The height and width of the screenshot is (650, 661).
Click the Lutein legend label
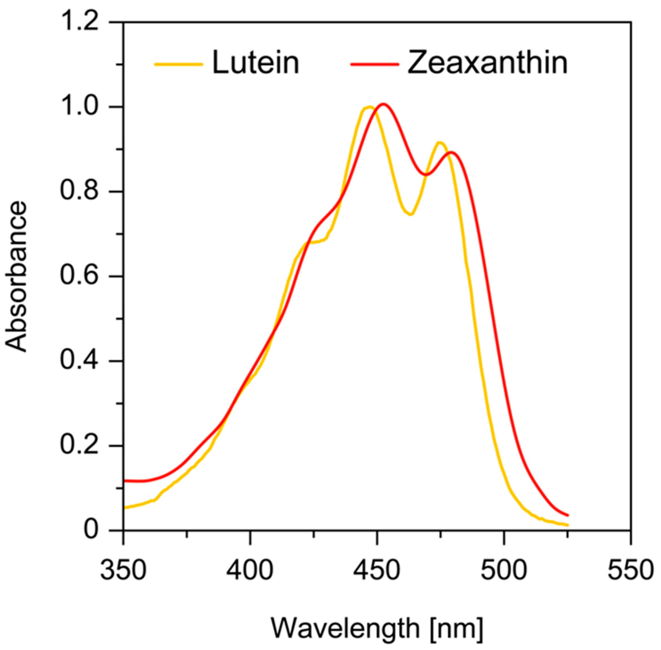pyautogui.click(x=255, y=63)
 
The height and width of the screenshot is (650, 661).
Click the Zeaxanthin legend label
pyautogui.click(x=487, y=63)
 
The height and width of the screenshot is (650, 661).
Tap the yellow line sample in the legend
pyautogui.click(x=179, y=64)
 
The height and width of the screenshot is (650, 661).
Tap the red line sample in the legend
pyautogui.click(x=375, y=64)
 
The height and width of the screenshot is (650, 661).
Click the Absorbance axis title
pyautogui.click(x=16, y=277)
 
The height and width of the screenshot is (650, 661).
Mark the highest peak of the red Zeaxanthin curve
pyautogui.click(x=383, y=104)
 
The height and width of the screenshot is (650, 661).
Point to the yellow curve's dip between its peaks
pyautogui.click(x=411, y=214)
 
